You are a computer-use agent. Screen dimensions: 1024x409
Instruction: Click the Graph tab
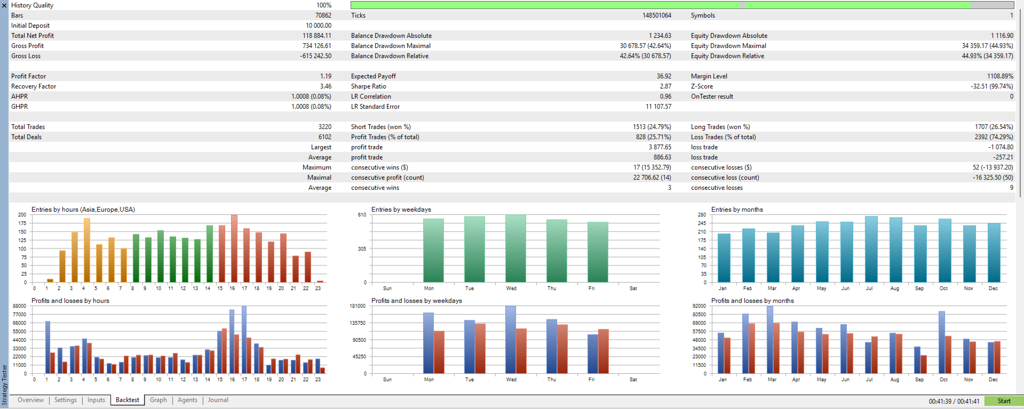point(158,400)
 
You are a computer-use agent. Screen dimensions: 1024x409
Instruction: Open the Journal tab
point(218,400)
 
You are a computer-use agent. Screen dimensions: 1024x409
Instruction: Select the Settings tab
point(66,400)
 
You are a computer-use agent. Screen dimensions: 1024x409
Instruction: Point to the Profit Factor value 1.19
point(326,76)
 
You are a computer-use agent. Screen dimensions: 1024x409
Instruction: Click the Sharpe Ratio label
point(368,86)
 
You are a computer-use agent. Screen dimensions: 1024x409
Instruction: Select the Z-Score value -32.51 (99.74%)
point(991,86)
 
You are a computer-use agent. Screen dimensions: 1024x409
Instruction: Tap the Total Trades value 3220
point(324,127)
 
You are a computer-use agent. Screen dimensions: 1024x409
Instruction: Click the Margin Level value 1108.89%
point(999,76)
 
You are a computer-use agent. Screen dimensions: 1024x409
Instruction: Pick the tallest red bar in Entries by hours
point(234,248)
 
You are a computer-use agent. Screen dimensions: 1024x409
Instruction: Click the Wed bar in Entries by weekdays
point(515,248)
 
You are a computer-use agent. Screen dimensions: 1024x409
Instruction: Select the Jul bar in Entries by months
point(871,249)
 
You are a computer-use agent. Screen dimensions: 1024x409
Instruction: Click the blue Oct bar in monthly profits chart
point(942,342)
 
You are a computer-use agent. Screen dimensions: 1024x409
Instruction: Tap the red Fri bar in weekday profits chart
point(604,351)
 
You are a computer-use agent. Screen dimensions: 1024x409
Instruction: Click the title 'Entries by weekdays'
point(401,210)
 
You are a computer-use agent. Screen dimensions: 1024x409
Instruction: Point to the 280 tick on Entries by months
point(702,215)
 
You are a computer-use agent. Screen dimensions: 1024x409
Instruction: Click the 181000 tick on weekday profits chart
point(358,306)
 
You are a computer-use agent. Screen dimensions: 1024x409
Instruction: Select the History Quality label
point(32,5)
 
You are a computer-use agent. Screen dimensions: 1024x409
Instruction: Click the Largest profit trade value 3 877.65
point(660,147)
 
